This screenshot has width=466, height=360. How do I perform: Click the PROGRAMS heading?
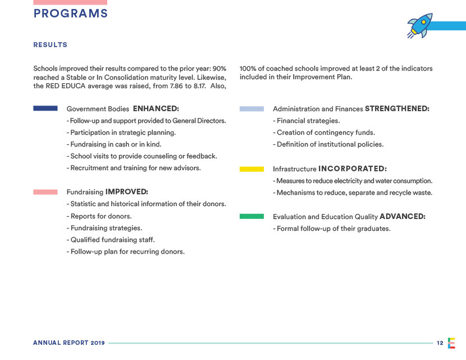coord(70,14)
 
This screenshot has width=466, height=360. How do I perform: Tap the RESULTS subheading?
coord(51,45)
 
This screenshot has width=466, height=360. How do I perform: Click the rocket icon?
coord(421,26)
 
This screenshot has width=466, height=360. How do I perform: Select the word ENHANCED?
coord(156,108)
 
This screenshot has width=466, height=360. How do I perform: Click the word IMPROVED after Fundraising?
coord(126,192)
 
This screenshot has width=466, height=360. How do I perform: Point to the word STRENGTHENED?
coord(397,108)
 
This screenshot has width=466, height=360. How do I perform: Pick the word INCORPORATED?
coord(352,168)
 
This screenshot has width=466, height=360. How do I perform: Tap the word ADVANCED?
coord(403,216)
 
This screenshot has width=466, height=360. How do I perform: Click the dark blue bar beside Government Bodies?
coord(45,108)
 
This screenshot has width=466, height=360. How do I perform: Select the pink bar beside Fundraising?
coord(45,192)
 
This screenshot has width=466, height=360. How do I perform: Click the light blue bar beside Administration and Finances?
coord(252,109)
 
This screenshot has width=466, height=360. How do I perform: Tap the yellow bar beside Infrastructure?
coord(252,168)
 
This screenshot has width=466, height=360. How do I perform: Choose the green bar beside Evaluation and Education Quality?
coord(252,216)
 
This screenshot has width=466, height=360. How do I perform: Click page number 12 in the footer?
coord(440,343)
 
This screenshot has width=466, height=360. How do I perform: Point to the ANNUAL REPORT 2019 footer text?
coord(68,343)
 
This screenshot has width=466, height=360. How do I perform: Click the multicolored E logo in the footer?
coord(451,343)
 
